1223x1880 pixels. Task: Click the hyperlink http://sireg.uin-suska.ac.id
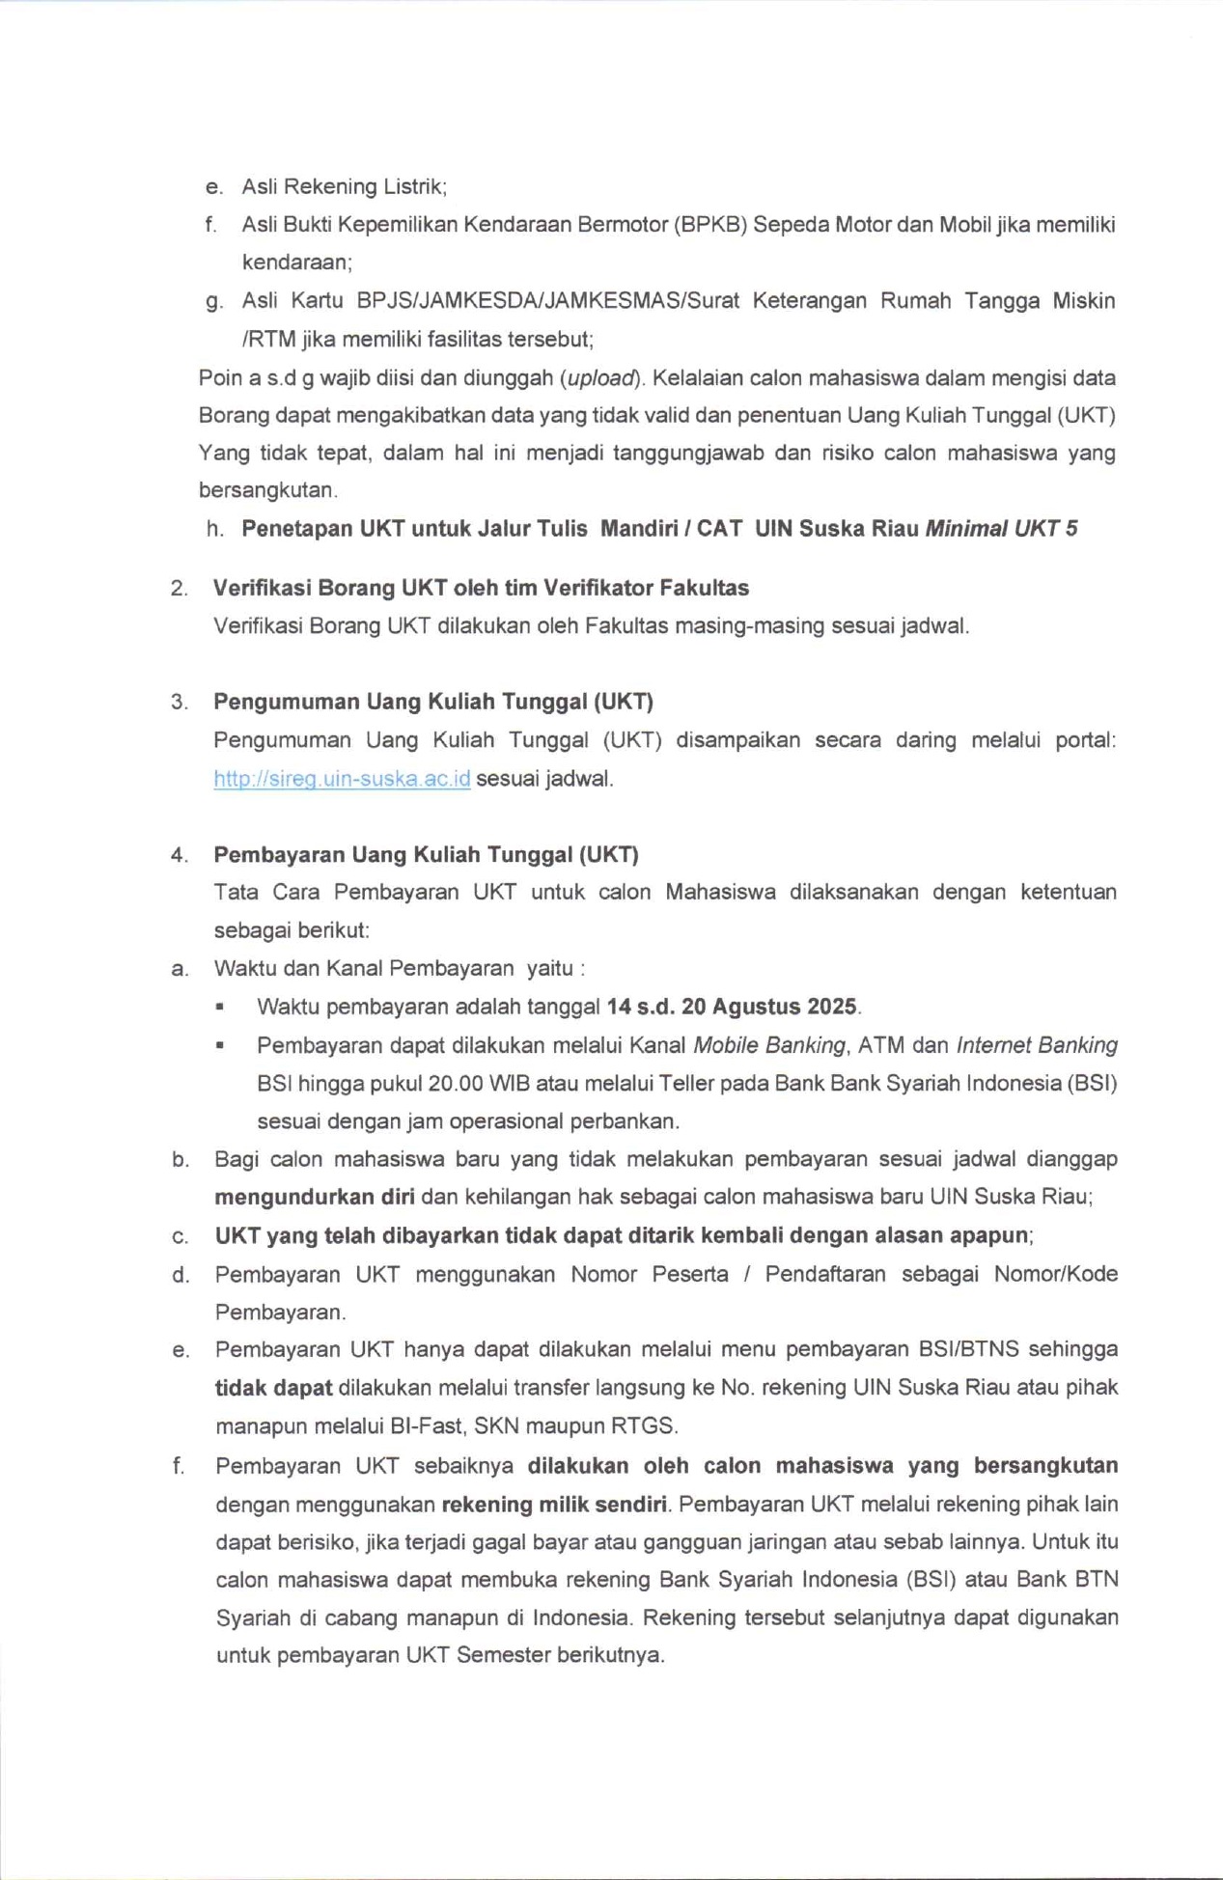pyautogui.click(x=342, y=778)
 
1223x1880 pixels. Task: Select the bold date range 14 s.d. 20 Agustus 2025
pyautogui.click(x=732, y=1007)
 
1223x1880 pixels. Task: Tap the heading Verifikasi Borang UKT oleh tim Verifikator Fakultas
pyautogui.click(x=481, y=588)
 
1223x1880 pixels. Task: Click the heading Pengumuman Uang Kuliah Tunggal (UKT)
pyautogui.click(x=433, y=702)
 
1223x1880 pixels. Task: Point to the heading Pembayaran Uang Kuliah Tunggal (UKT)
pyautogui.click(x=426, y=854)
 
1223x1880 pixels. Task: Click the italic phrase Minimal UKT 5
pyautogui.click(x=1001, y=529)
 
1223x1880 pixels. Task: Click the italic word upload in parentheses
pyautogui.click(x=601, y=377)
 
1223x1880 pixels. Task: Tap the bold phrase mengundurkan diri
pyautogui.click(x=315, y=1197)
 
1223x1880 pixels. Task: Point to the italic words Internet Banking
pyautogui.click(x=1037, y=1045)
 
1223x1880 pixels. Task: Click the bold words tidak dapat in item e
pyautogui.click(x=273, y=1388)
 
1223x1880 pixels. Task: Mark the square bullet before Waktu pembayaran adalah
pyautogui.click(x=220, y=1007)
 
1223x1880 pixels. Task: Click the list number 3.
pyautogui.click(x=179, y=703)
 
